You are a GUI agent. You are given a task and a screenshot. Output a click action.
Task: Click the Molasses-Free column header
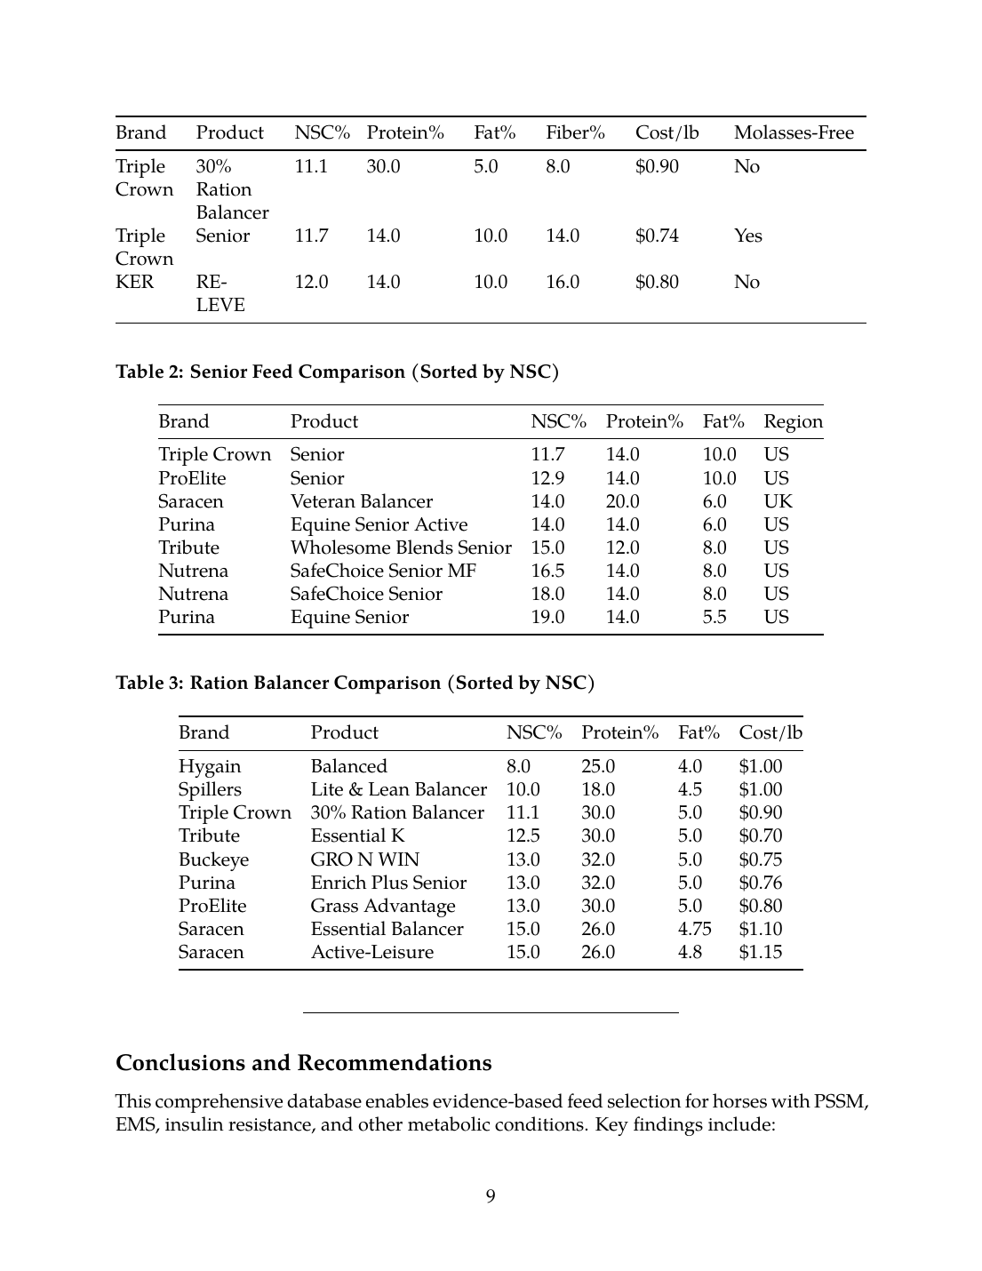tap(793, 133)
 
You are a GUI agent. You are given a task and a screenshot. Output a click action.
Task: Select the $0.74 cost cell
tap(657, 236)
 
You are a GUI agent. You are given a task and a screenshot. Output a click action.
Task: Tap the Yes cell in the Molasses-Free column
tap(747, 236)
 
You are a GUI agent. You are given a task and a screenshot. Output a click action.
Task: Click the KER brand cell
tap(134, 282)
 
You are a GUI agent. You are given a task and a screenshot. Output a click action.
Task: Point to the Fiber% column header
tap(575, 133)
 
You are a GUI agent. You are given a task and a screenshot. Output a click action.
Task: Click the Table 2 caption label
tap(337, 372)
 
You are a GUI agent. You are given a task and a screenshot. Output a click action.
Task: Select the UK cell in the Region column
tap(778, 501)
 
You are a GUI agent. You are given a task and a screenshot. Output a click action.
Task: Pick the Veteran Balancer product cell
tap(361, 501)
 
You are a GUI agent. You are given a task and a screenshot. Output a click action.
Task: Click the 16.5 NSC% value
tap(547, 571)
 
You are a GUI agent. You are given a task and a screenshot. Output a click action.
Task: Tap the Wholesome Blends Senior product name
tap(400, 548)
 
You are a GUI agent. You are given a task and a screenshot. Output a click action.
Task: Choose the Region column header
tap(793, 421)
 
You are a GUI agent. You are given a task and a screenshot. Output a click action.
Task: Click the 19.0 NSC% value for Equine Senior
tap(547, 617)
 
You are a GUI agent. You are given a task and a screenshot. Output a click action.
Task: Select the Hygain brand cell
tap(209, 766)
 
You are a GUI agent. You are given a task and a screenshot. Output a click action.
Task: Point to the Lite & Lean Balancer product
tap(398, 789)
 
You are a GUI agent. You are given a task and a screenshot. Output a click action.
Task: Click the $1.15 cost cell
tap(760, 952)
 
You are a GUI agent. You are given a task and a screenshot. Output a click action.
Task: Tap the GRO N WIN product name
tap(364, 859)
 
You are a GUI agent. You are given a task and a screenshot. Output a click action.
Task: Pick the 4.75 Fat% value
tap(694, 929)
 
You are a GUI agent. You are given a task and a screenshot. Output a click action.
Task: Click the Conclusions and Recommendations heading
tap(303, 1063)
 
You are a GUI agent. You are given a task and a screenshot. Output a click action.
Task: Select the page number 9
tap(491, 1196)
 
